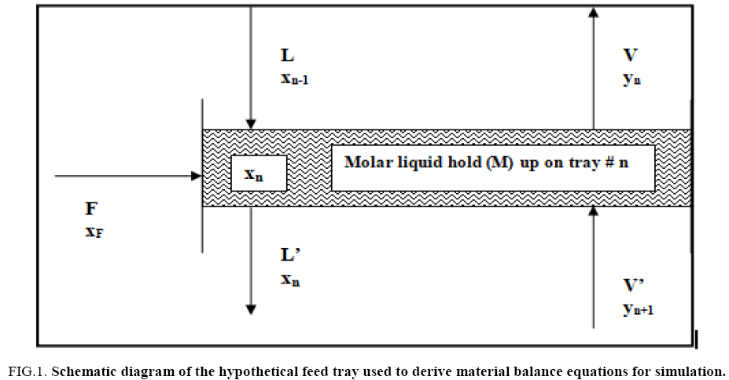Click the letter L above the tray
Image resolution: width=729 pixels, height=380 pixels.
(286, 56)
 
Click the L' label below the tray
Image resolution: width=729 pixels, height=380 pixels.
(289, 255)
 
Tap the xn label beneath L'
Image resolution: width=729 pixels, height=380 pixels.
(289, 279)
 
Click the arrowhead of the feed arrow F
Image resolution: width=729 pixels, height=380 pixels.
(197, 176)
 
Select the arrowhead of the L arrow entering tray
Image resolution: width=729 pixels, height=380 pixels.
(249, 123)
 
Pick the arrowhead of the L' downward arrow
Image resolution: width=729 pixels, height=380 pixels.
(249, 309)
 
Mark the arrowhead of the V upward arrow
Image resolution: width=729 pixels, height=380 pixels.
(594, 12)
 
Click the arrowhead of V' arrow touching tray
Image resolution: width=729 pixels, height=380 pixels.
(594, 213)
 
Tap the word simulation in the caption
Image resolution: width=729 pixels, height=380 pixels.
(690, 368)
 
